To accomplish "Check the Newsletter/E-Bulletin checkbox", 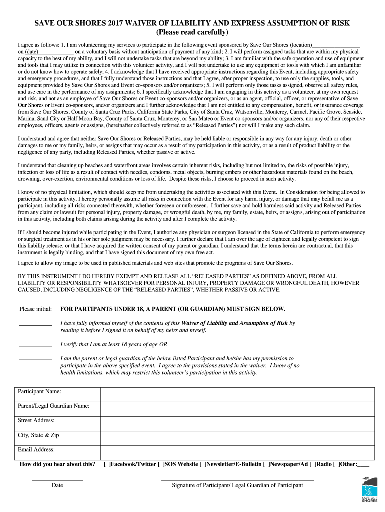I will (202, 464).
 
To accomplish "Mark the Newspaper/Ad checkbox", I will (266, 464).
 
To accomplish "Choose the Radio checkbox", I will (312, 464).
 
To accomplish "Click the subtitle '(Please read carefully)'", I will (192, 33).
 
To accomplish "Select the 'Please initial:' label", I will (35, 309).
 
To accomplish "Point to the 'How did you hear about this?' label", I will (57, 464).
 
